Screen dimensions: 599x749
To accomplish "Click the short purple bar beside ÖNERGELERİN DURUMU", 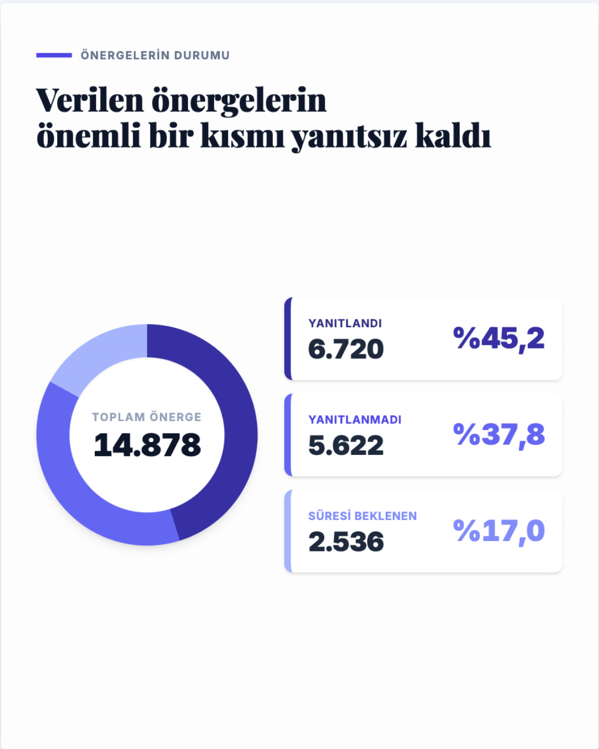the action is (x=54, y=55).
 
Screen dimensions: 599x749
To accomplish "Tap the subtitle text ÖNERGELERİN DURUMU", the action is (x=155, y=55).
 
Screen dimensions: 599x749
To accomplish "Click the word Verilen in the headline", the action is (x=90, y=100).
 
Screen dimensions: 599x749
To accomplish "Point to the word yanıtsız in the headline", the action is (x=349, y=136).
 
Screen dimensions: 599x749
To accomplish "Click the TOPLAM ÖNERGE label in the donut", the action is (x=146, y=417).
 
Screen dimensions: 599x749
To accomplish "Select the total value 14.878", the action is (x=147, y=444).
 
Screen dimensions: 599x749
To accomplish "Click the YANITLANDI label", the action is (x=345, y=323).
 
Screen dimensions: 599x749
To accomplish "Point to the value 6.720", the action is (x=346, y=349).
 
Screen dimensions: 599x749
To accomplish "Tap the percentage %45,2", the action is (x=499, y=338).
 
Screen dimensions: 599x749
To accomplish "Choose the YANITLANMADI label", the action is (x=354, y=419).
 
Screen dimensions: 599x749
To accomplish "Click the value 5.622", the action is (x=346, y=445).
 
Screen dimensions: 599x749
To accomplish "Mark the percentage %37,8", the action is (x=499, y=435).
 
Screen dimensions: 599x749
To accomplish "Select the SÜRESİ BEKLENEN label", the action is (x=362, y=515).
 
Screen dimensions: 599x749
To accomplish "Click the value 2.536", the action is (x=346, y=541).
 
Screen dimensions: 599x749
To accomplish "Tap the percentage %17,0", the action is (x=499, y=531).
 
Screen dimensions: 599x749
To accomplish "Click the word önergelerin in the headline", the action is (x=239, y=100).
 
